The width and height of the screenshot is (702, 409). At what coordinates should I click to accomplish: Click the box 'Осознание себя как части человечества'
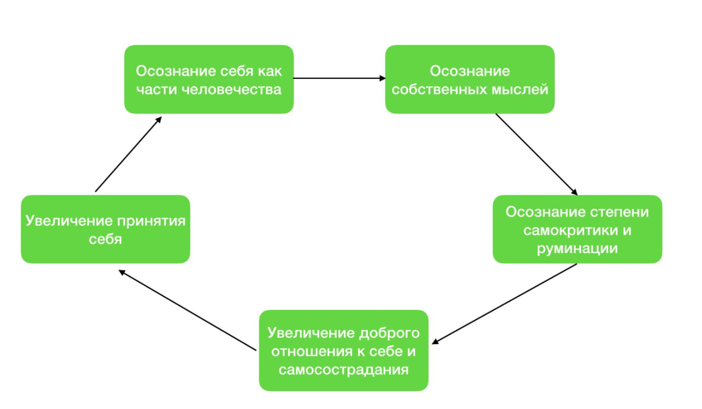pos(209,79)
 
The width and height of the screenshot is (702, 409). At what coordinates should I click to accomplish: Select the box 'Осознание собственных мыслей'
pos(470,79)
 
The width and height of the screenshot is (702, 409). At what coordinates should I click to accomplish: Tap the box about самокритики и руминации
pos(577,229)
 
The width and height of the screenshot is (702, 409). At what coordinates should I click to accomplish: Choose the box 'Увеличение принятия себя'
pos(105,229)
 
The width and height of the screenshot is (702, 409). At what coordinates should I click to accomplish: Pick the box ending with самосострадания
pos(344,351)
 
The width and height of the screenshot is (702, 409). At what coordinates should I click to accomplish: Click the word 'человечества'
pos(231,89)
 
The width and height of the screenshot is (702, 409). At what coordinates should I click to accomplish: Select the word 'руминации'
pos(577,249)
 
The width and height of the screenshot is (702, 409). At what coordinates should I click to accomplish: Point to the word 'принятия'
pos(152,221)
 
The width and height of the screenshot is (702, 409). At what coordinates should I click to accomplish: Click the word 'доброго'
pos(389,333)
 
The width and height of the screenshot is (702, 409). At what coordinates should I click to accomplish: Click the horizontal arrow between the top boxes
pos(340,78)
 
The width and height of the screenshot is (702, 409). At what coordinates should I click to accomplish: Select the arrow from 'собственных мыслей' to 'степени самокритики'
pos(536,154)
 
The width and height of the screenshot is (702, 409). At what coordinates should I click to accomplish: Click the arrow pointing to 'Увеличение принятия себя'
pos(188,310)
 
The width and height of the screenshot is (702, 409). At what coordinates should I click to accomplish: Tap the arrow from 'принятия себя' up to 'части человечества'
pos(129,154)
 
